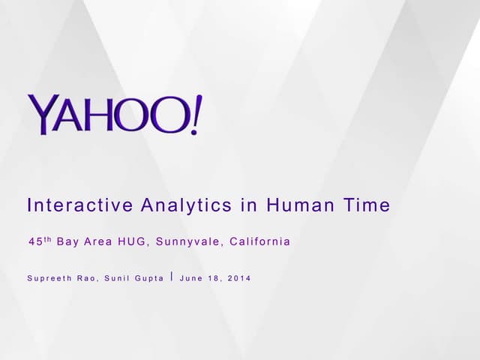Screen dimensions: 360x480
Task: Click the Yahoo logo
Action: point(114,115)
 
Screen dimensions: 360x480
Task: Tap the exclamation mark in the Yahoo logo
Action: point(196,115)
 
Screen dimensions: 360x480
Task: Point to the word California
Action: point(259,241)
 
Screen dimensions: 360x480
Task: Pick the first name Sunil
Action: point(117,278)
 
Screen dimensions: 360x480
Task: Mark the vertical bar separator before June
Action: point(172,277)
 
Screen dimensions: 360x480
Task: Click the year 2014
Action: point(239,278)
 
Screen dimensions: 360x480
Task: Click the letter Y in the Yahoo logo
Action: point(42,115)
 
